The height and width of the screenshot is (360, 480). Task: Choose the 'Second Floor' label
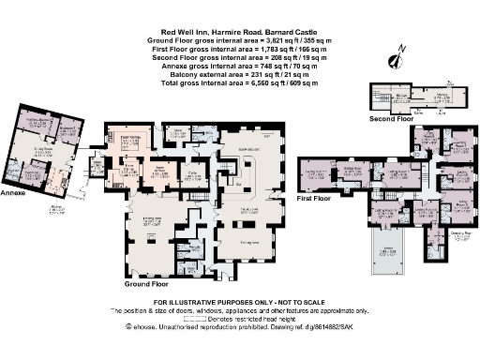pyautogui.click(x=391, y=120)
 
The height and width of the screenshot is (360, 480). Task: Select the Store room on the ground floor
pyautogui.click(x=176, y=133)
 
